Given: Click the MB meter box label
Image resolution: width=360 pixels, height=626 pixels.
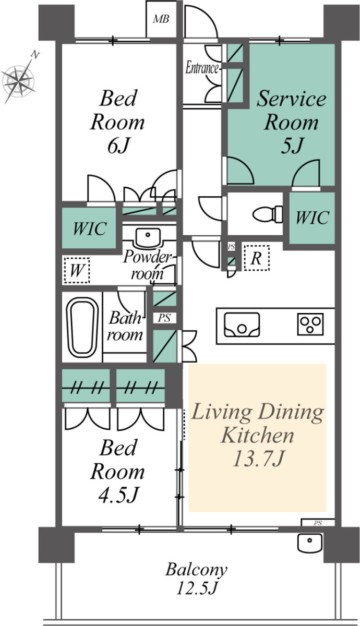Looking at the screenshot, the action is (x=161, y=19).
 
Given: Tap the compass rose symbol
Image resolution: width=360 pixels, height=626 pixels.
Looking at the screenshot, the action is (x=19, y=80).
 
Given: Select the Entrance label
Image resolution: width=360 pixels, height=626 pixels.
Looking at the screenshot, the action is (x=202, y=68).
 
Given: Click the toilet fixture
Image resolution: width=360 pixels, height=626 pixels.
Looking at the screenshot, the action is (x=268, y=214).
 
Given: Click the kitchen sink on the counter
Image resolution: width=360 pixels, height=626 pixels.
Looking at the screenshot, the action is (x=242, y=324).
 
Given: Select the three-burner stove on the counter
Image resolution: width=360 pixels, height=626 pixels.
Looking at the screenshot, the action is (x=310, y=324).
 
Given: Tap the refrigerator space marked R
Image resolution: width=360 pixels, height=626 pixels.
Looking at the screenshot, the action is (x=256, y=258).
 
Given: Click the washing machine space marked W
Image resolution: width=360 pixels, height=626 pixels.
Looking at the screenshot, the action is (x=77, y=270).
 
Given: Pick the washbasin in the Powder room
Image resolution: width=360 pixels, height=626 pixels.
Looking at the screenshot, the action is (x=148, y=238).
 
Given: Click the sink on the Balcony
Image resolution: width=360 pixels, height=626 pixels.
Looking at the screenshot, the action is (x=310, y=543).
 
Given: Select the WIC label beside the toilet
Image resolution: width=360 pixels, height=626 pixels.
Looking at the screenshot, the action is (x=312, y=217).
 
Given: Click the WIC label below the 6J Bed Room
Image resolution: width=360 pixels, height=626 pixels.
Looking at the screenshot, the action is (x=90, y=228).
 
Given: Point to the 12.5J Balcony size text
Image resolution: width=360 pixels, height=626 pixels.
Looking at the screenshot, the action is (x=197, y=587).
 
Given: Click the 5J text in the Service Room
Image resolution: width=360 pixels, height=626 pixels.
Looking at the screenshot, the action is (x=292, y=146).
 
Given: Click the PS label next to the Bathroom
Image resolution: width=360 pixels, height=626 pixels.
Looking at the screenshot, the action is (x=164, y=318).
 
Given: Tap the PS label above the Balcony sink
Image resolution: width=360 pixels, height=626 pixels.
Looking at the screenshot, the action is (x=318, y=523).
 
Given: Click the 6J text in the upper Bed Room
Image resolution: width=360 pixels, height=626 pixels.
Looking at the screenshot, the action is (x=118, y=146).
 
